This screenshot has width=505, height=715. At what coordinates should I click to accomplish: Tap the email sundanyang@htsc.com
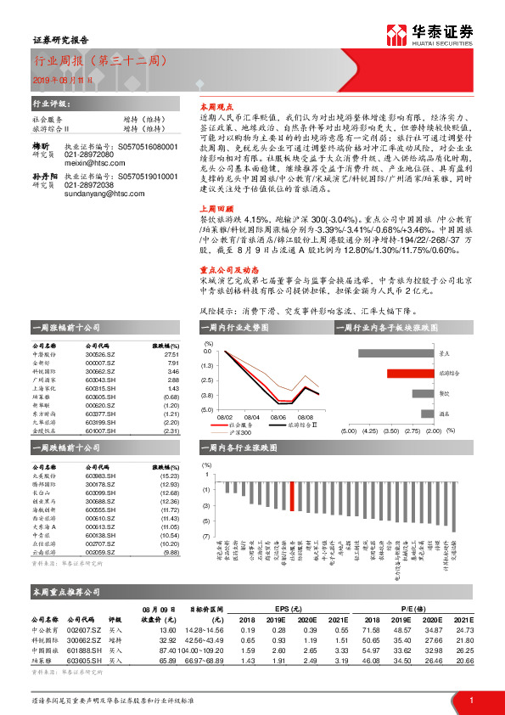click(x=97, y=193)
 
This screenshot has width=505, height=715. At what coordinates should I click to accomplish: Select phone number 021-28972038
click(x=88, y=184)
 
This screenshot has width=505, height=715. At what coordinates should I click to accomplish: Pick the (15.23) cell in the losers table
click(x=170, y=476)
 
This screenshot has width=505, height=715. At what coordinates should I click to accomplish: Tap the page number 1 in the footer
click(x=471, y=699)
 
